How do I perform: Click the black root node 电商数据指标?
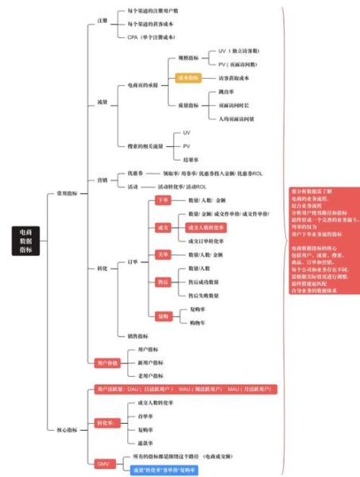coord(29,239)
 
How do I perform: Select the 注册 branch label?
coord(102,22)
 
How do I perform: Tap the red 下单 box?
coord(163,200)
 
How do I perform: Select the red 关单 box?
coord(163,254)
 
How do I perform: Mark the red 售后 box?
coord(163,281)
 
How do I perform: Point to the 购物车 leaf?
coord(191,323)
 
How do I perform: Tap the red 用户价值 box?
coord(107,363)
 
